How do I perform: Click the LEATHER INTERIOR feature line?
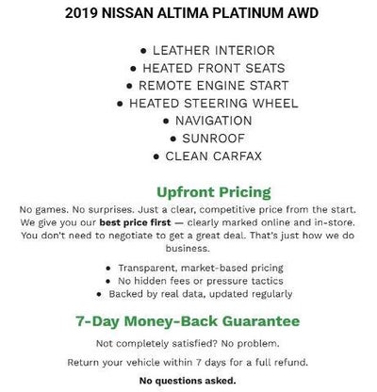coord(206,49)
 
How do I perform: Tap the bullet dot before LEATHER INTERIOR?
coord(142,49)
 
